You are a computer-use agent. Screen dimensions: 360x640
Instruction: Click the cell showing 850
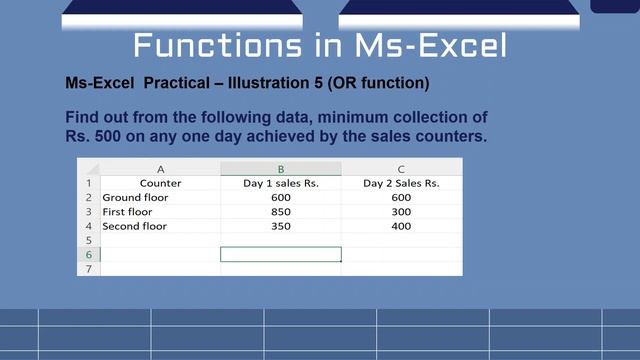coord(280,212)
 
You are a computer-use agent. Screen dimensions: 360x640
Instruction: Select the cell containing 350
coord(280,226)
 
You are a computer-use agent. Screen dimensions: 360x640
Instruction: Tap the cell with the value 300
coord(401,212)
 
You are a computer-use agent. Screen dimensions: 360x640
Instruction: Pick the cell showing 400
coord(401,226)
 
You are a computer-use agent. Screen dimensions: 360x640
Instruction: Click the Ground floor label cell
coord(135,198)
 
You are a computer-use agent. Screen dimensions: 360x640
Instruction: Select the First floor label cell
coord(128,212)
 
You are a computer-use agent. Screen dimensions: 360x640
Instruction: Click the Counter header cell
coord(160,183)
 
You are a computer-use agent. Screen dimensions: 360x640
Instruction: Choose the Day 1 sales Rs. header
coord(281,183)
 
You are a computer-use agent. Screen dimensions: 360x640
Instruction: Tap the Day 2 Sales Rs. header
coord(401,183)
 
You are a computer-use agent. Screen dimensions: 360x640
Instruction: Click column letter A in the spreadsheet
coord(160,169)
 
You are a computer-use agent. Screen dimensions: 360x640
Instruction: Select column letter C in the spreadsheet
coord(401,169)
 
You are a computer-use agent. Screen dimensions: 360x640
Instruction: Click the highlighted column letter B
coord(281,169)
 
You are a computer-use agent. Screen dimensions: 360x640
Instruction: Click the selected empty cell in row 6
coord(281,255)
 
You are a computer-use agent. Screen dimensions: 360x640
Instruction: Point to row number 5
coord(88,241)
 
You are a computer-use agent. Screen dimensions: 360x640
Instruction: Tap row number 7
coord(88,269)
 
